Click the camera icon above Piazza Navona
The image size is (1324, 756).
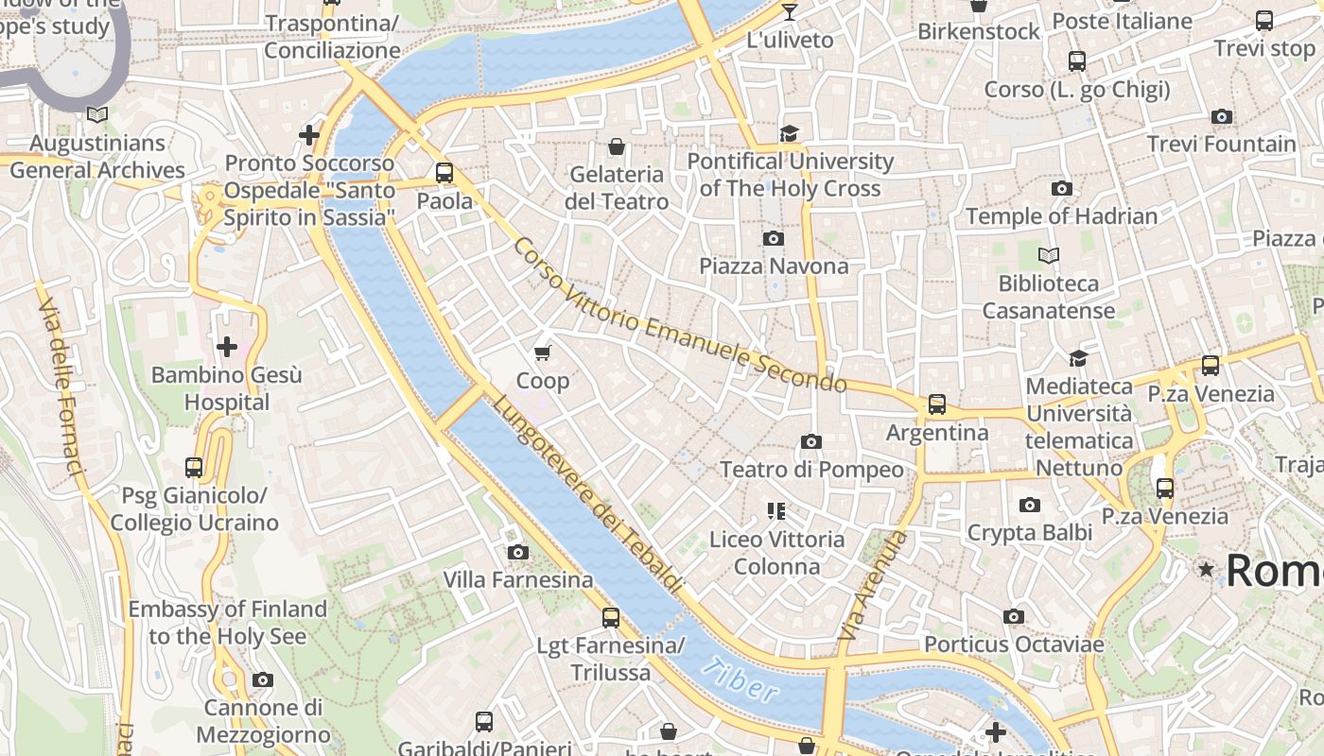pos(773,238)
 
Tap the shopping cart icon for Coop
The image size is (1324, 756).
pos(542,353)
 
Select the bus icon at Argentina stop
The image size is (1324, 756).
pos(936,404)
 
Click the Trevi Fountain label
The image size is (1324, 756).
pos(1221,145)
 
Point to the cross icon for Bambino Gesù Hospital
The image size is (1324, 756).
pos(227,347)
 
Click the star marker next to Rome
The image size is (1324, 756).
pos(1206,570)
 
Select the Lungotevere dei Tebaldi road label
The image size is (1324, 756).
pos(586,493)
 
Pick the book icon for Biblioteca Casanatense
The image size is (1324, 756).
pos(1048,255)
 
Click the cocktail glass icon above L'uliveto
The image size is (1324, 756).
pos(790,11)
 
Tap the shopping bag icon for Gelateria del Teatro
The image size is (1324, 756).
pos(617,146)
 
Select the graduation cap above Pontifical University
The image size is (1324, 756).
pos(790,133)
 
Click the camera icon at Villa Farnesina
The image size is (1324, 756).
pos(517,552)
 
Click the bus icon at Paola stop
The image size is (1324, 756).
pos(444,173)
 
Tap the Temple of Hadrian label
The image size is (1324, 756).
pos(1061,216)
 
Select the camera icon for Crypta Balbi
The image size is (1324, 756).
pos(1030,506)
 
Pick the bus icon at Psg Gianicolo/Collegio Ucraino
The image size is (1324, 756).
pos(194,467)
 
